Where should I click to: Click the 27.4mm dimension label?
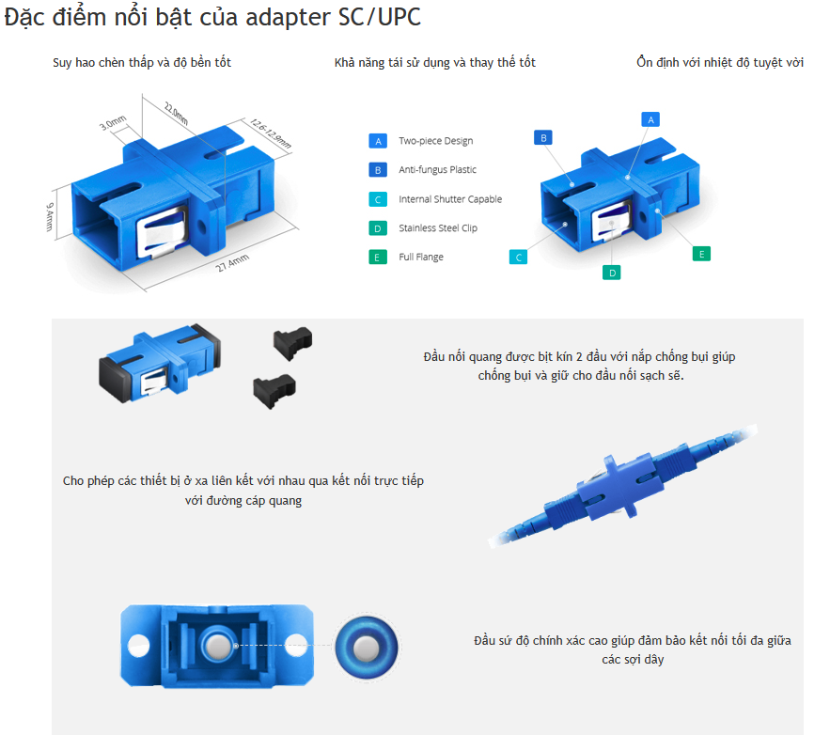point(232,263)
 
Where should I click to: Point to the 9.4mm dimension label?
point(49,217)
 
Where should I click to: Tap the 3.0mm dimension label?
point(113,123)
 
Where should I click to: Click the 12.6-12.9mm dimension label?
point(271,133)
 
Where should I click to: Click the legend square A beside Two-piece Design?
point(378,141)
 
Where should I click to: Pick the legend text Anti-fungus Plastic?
point(437,170)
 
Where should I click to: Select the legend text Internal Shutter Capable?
point(450,199)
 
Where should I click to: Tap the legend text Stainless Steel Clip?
point(438,228)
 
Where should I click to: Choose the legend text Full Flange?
point(421,258)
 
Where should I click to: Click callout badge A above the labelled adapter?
point(650,119)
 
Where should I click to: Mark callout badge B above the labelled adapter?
point(543,138)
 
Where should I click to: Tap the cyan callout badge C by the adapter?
point(518,258)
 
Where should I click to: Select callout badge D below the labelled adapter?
point(612,274)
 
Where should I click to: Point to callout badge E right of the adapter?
point(701,254)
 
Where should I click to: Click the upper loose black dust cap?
point(292,343)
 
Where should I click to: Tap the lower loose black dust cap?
point(274,390)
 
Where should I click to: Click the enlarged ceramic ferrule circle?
point(367,647)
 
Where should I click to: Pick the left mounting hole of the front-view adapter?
point(139,646)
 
